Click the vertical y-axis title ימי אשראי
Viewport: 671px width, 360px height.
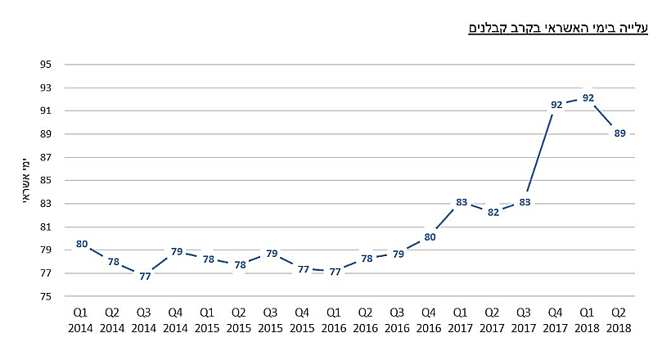click(27, 180)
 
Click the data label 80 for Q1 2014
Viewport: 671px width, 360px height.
click(81, 244)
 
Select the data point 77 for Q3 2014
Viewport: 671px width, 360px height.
click(145, 277)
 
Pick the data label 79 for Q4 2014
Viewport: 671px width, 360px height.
click(177, 252)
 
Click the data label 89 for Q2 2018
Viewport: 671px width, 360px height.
click(619, 133)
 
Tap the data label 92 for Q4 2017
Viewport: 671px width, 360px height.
click(556, 105)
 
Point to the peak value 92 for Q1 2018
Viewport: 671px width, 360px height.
click(588, 98)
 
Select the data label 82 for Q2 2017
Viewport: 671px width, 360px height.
click(493, 212)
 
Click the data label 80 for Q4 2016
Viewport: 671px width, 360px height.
click(430, 237)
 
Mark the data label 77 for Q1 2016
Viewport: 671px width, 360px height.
click(335, 272)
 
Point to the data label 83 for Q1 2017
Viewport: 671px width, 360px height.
click(462, 202)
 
